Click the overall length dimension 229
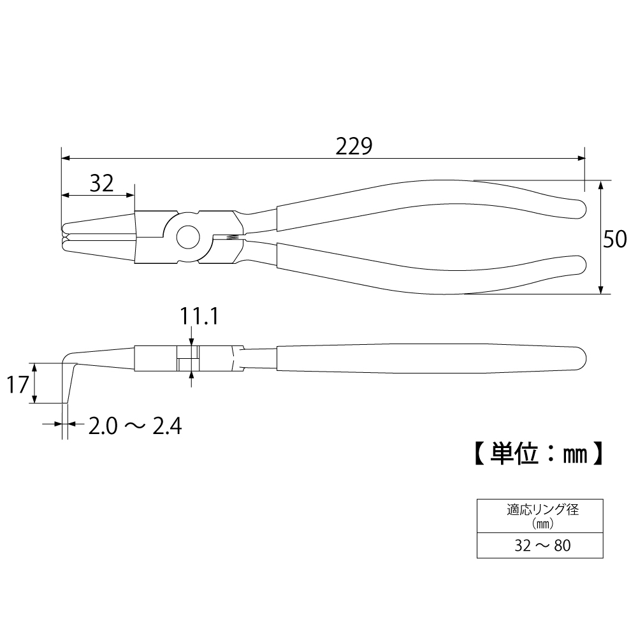click(354, 147)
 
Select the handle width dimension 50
click(615, 239)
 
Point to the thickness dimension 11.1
click(199, 316)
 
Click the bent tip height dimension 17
click(18, 384)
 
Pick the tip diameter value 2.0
click(103, 426)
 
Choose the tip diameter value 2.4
click(167, 426)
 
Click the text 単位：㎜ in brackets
click(539, 453)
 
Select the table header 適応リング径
click(542, 509)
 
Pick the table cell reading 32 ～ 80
click(542, 545)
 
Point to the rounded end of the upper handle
click(580, 208)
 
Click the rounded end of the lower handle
click(580, 265)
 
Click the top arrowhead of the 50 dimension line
click(600, 185)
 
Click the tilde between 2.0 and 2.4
click(134, 426)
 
